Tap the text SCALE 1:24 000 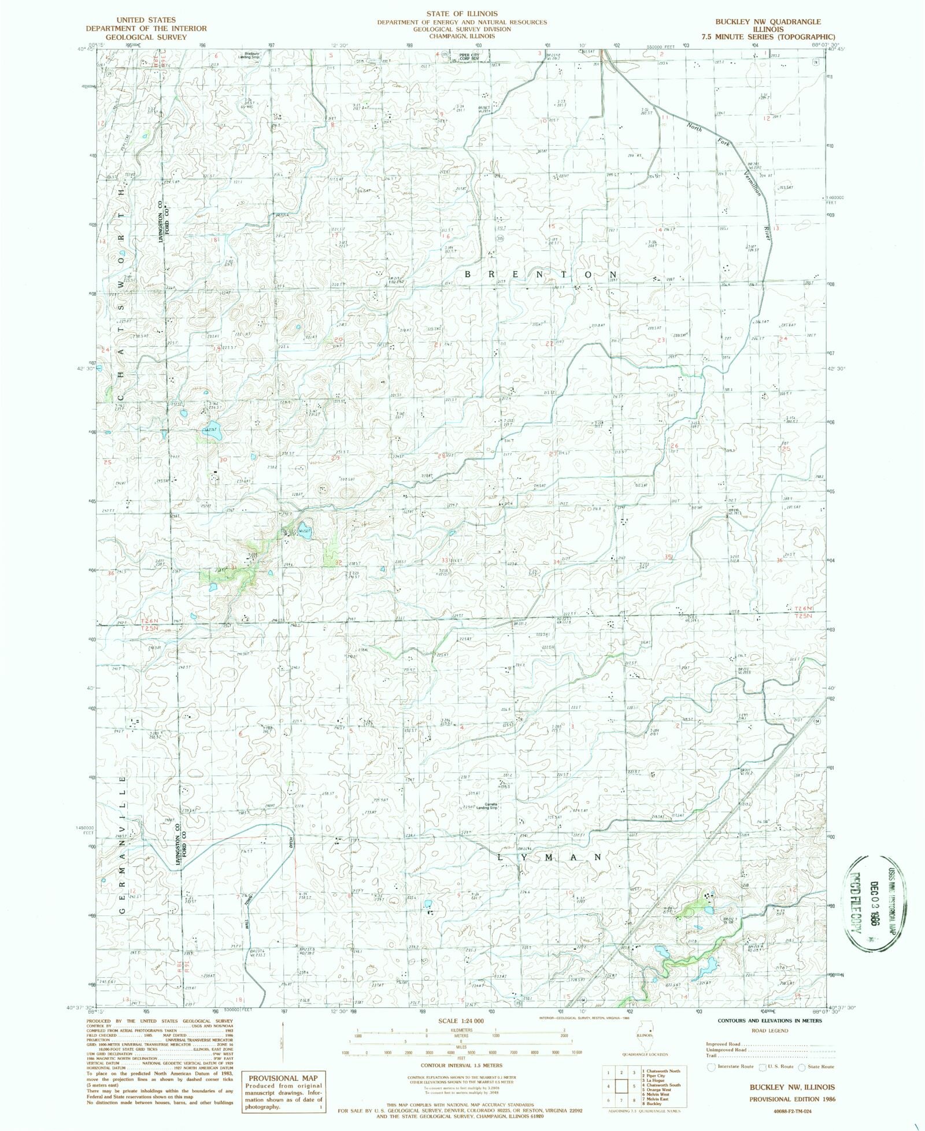coord(461,1021)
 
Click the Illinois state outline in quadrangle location coord(644,1032)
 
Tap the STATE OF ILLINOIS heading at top coord(462,13)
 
